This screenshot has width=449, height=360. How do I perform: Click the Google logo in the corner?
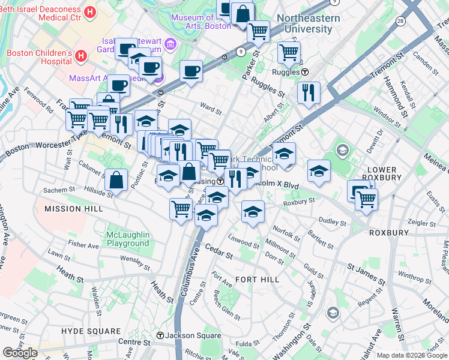click(20, 353)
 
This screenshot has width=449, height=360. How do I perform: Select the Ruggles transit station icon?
click(305, 72)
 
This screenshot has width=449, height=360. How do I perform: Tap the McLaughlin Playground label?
click(127, 239)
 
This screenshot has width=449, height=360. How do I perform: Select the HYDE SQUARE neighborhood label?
click(91, 331)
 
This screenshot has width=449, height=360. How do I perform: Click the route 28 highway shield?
click(400, 21)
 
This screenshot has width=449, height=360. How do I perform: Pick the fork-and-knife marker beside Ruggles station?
click(309, 92)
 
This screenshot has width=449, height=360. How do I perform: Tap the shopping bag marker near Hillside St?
click(116, 179)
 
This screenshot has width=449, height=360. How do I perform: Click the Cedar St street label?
click(218, 251)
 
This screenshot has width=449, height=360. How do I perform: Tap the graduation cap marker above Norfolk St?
click(253, 212)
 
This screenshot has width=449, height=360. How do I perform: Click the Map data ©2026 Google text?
click(412, 355)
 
